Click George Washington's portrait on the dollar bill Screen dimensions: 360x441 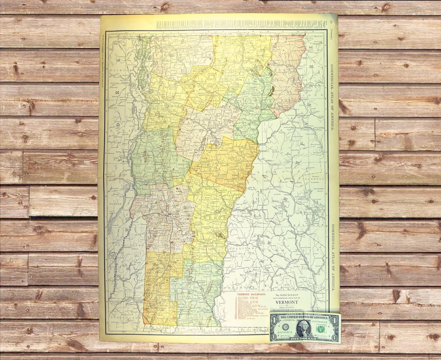304,328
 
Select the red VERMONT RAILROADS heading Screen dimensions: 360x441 252,294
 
